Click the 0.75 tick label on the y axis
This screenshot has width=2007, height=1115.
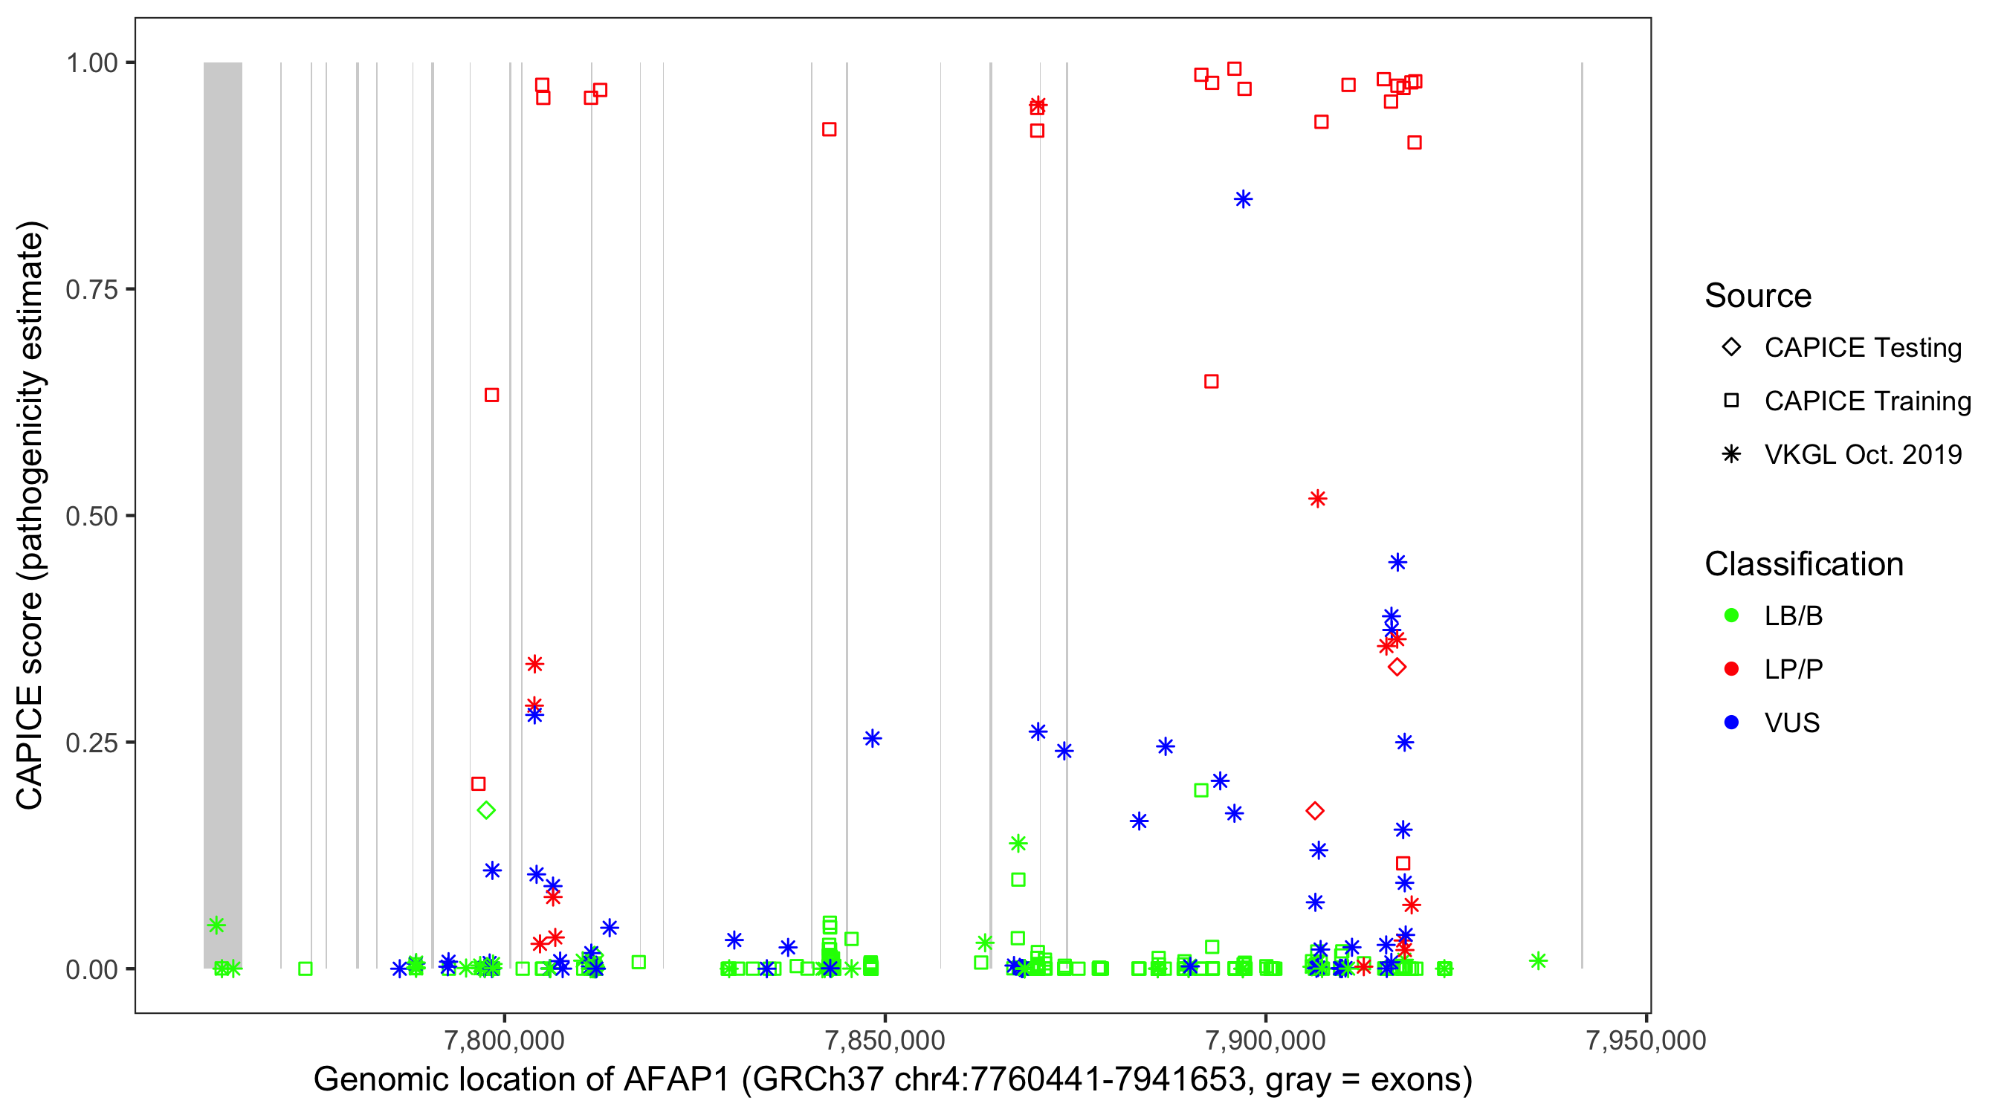(x=91, y=289)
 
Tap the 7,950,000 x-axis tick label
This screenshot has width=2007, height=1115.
(x=1646, y=1040)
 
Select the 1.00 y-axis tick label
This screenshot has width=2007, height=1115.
(x=91, y=62)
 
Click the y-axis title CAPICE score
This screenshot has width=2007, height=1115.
(x=31, y=516)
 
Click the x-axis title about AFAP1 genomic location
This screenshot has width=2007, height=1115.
(x=892, y=1080)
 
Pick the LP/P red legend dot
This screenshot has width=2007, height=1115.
(x=1731, y=668)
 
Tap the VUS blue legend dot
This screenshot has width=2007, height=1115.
(x=1731, y=723)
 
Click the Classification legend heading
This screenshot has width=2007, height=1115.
(x=1803, y=563)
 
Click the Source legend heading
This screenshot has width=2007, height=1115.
(x=1758, y=295)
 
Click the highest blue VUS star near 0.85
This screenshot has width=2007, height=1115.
(x=1243, y=198)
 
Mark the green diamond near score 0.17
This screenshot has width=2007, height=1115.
(x=486, y=810)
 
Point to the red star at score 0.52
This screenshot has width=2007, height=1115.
(x=1317, y=499)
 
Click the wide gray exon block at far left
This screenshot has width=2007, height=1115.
(x=223, y=514)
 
